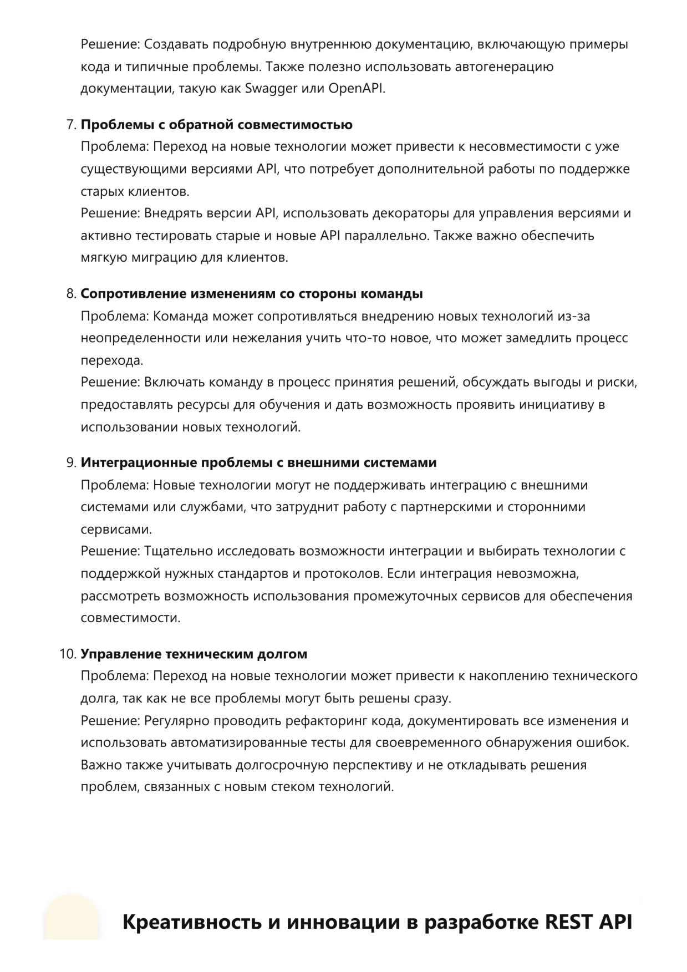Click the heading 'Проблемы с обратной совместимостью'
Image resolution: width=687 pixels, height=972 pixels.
coord(216,125)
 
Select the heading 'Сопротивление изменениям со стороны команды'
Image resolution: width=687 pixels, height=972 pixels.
coord(252,294)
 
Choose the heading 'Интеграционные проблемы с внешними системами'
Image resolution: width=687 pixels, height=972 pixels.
coord(258,462)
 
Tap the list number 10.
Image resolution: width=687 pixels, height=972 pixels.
coord(68,654)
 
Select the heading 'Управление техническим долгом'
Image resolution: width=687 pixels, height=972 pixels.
coord(194,654)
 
